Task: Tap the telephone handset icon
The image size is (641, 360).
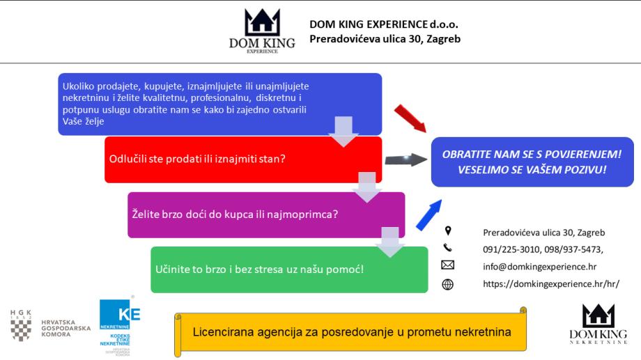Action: click(448, 248)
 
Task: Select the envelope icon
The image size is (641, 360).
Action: click(448, 265)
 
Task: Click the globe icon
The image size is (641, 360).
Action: click(448, 283)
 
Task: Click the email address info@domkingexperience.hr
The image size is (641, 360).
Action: click(539, 266)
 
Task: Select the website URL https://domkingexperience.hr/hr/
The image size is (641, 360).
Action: click(550, 284)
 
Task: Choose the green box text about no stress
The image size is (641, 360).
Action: click(265, 268)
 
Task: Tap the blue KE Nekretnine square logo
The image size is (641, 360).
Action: click(120, 314)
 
